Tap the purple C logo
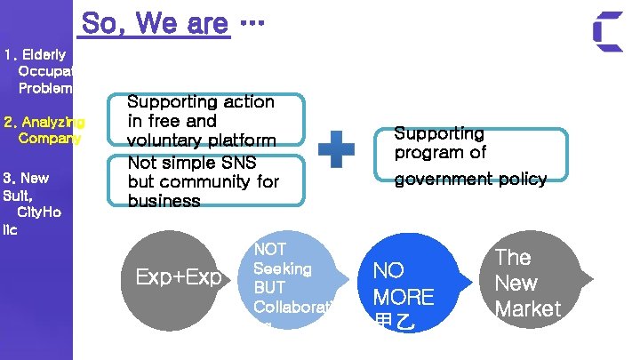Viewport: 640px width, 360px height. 608,32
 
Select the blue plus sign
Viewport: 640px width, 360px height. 336,150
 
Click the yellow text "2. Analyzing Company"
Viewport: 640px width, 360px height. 44,130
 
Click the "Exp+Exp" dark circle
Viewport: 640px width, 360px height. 178,277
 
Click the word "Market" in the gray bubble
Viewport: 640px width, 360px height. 528,308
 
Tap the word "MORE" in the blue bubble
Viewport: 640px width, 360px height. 404,297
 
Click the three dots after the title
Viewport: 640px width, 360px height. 253,22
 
